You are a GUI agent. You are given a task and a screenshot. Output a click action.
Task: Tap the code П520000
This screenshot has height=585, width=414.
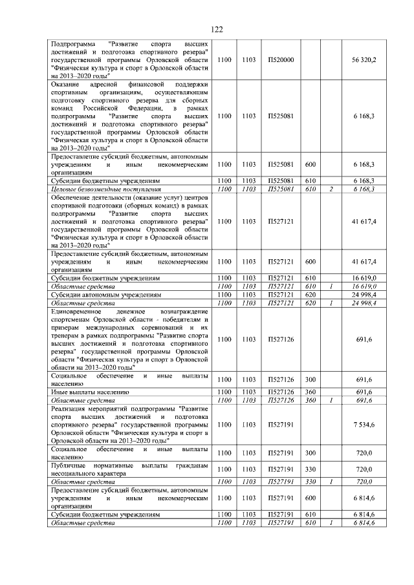pos(281,59)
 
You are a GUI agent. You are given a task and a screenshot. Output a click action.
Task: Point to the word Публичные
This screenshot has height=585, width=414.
pos(69,465)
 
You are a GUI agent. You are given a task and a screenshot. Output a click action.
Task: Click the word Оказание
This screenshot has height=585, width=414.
pos(66,85)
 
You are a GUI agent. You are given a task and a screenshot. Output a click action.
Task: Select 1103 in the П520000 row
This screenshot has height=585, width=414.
pos(248,59)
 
